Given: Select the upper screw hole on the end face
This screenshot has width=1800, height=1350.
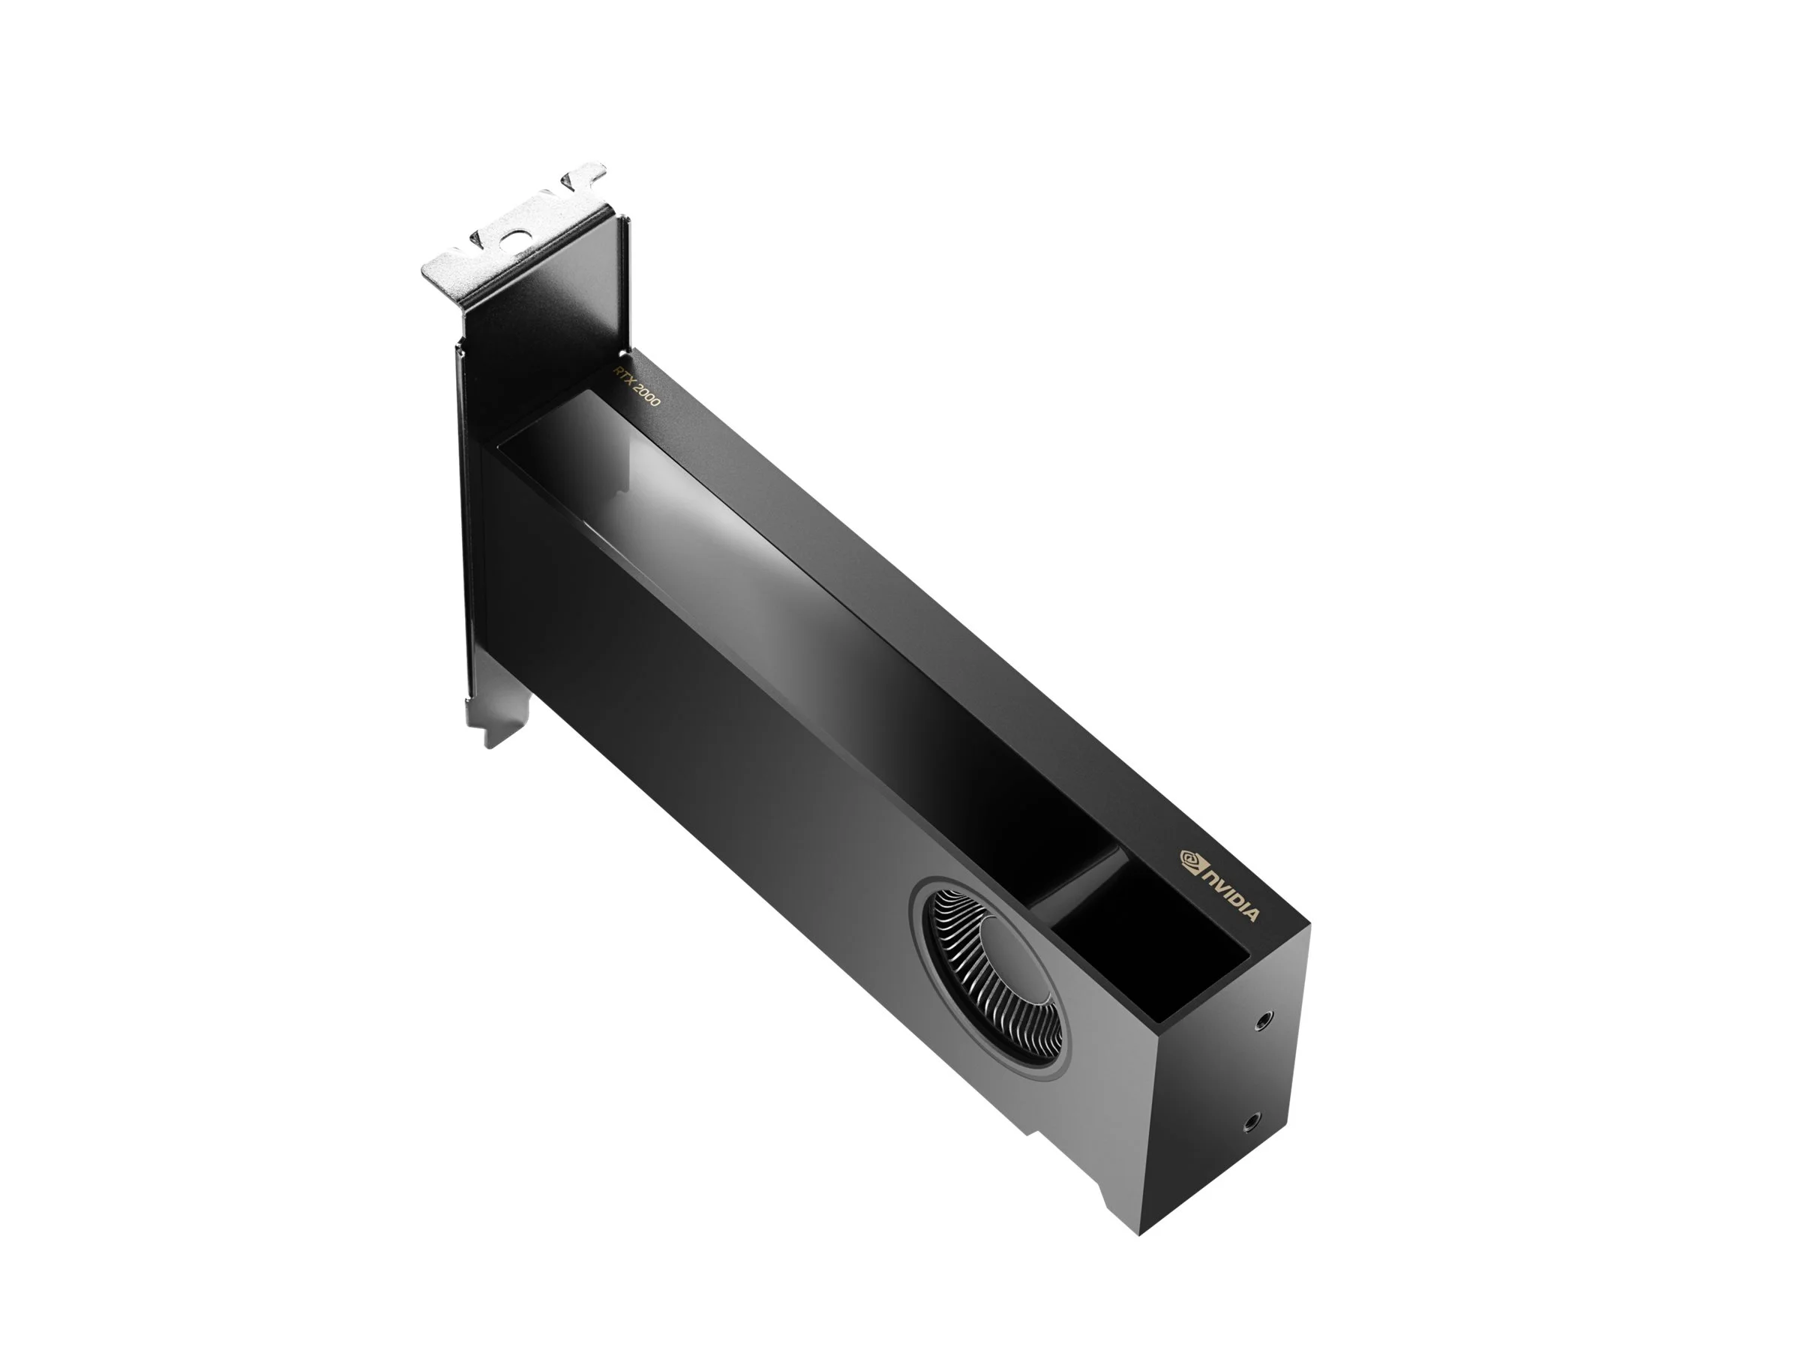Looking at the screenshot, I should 1263,1019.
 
